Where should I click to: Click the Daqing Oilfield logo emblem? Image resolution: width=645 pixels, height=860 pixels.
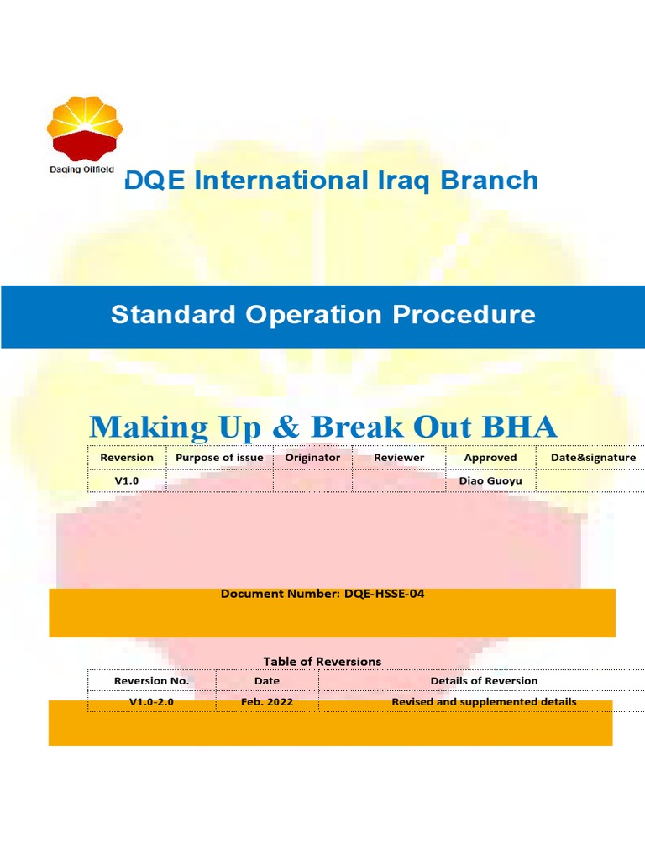click(x=84, y=128)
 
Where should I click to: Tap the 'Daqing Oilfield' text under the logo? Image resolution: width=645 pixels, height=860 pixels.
click(x=81, y=170)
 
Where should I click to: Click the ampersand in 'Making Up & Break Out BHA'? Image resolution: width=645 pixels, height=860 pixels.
click(x=285, y=427)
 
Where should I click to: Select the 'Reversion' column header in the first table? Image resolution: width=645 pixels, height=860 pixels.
click(x=127, y=458)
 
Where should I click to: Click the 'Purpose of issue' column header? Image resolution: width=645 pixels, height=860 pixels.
click(x=219, y=458)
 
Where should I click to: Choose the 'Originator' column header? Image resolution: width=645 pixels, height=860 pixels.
click(x=312, y=458)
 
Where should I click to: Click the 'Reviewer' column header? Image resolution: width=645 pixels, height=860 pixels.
click(x=399, y=458)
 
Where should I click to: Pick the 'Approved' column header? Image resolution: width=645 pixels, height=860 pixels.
click(x=490, y=458)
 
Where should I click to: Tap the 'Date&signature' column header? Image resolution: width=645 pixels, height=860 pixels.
click(x=593, y=458)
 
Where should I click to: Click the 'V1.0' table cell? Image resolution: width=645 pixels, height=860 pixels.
click(x=127, y=480)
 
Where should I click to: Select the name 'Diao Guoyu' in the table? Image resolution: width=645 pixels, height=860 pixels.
click(x=490, y=480)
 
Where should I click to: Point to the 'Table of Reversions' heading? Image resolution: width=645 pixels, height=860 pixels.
click(x=322, y=662)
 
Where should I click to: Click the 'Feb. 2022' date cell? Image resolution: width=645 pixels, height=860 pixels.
click(x=266, y=701)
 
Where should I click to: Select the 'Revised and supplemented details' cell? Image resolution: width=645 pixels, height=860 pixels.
click(x=484, y=701)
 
